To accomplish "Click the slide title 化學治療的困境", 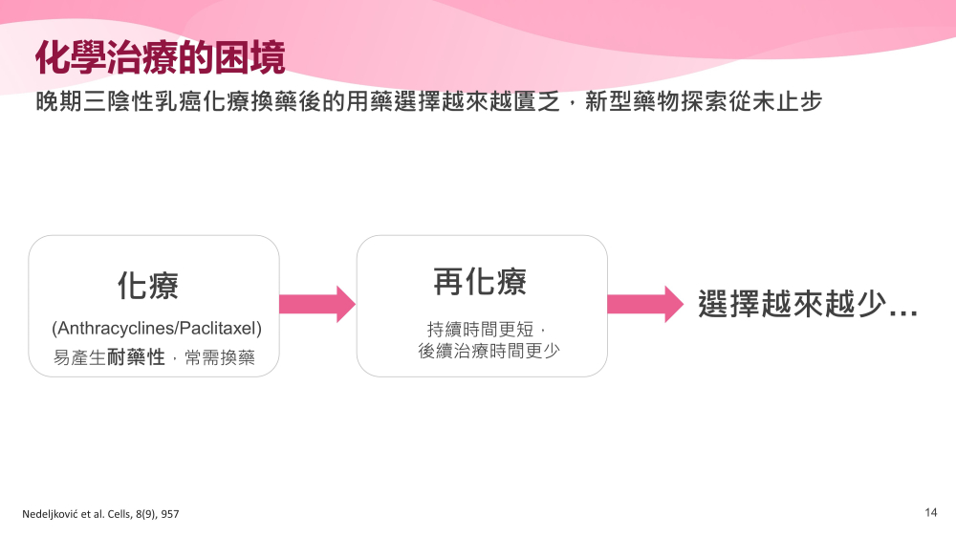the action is (x=161, y=58).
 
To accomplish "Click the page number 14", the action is (x=930, y=512).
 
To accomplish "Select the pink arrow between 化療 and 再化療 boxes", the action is (x=317, y=304).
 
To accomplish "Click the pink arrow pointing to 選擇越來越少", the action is (x=645, y=304).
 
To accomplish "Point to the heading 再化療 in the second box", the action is (x=480, y=282).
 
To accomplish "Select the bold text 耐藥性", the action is (x=136, y=356).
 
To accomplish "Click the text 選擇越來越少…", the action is (x=808, y=304).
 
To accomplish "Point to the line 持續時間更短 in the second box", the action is (x=481, y=329).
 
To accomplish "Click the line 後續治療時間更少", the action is (x=489, y=351).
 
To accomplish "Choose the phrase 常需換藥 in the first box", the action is (x=220, y=357).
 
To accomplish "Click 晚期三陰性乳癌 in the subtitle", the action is (x=119, y=101).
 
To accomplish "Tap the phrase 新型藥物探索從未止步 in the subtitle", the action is (x=704, y=101).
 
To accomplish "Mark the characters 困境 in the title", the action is (x=250, y=58).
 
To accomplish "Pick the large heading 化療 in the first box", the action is (x=148, y=286).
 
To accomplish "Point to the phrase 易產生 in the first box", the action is (x=80, y=357).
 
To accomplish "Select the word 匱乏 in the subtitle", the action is (x=536, y=101).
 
